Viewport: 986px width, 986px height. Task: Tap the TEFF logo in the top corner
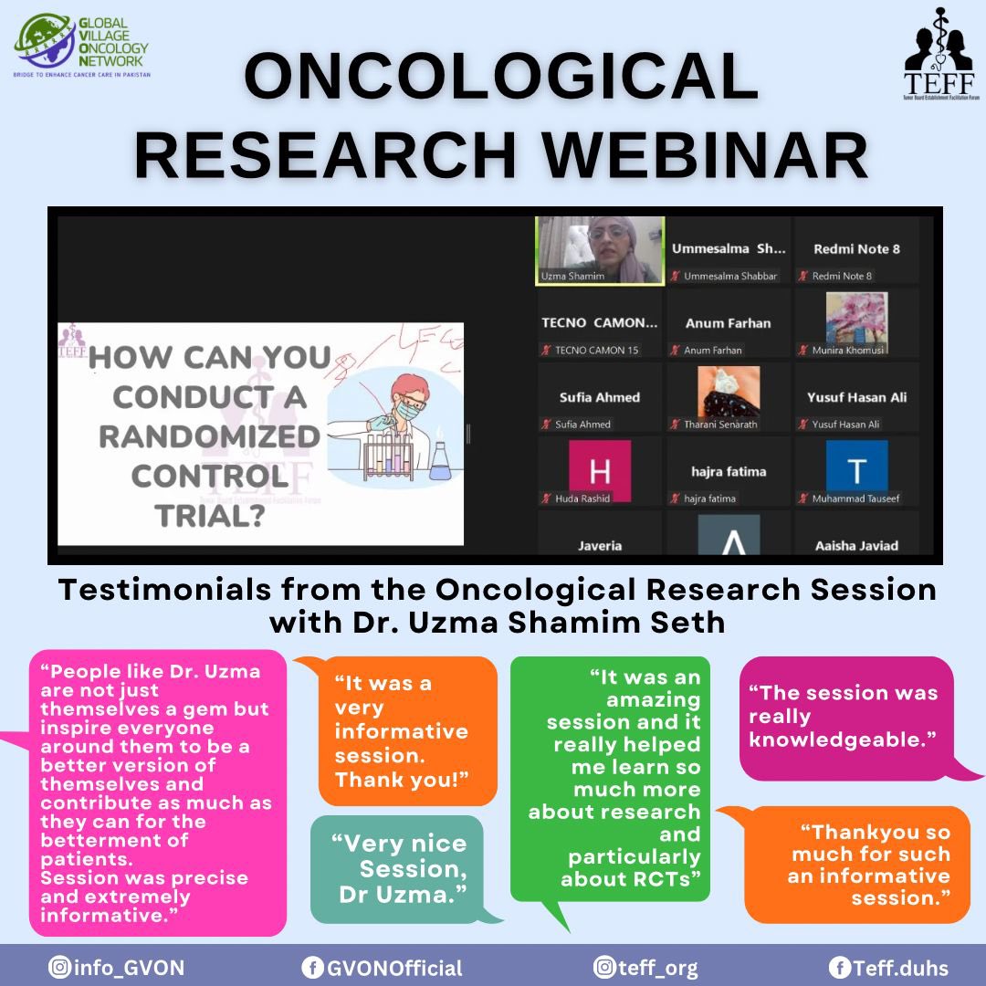938,45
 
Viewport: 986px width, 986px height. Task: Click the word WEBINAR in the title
699,155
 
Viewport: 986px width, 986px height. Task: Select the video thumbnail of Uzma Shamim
600,249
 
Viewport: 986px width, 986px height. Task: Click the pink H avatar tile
599,470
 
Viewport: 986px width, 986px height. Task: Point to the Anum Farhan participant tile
728,324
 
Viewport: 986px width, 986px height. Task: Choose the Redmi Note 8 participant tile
855,250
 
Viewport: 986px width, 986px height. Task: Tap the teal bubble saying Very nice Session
398,868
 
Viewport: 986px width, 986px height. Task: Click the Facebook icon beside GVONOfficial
312,968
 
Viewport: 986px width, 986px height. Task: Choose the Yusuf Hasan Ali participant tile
856,398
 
